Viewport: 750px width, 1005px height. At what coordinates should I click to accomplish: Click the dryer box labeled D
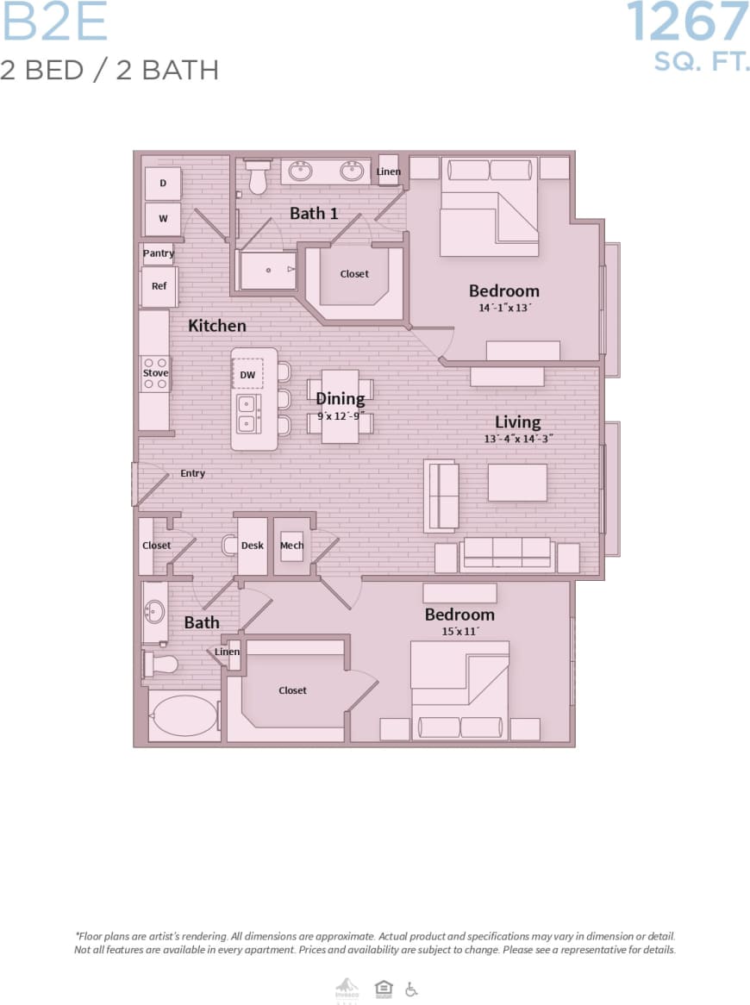pos(162,184)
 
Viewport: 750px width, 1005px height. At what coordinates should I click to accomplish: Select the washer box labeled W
pos(162,219)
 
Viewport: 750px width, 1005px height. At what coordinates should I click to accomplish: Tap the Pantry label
pos(158,253)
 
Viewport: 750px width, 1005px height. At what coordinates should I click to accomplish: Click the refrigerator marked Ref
pos(159,286)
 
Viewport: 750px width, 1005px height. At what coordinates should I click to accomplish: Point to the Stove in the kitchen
pos(155,373)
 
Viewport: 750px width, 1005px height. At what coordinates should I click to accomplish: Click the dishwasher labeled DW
pos(247,374)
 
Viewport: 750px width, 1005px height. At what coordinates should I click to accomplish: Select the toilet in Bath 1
pos(257,177)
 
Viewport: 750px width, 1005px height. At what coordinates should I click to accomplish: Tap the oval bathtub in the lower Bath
pos(184,715)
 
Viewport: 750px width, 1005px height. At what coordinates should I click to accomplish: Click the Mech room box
pos(291,546)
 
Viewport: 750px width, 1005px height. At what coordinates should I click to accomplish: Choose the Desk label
pos(252,546)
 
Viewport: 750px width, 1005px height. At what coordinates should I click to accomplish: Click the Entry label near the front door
pos(192,473)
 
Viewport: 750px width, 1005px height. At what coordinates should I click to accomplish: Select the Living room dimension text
pos(517,438)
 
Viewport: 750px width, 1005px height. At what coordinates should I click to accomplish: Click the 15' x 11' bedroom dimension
pos(459,631)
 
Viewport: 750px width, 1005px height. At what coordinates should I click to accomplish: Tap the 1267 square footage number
pos(687,22)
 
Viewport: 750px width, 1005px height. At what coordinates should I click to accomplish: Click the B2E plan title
pos(54,23)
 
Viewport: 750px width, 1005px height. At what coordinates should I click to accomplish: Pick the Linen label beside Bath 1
pos(388,172)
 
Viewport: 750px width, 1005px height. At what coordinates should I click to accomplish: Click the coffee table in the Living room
pos(517,483)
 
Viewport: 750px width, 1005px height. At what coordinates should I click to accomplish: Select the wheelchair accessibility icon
pos(411,989)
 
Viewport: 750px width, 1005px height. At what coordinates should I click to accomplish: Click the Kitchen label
pos(217,325)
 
